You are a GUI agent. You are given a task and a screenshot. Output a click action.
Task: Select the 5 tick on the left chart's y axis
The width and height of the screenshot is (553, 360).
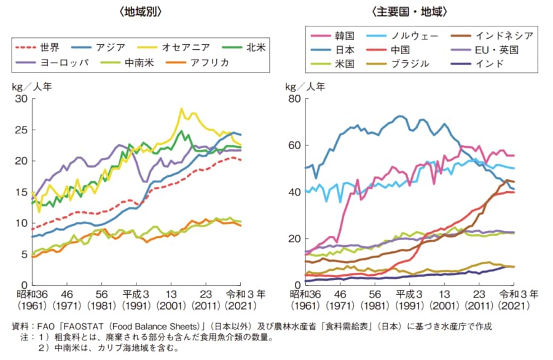point(24,254)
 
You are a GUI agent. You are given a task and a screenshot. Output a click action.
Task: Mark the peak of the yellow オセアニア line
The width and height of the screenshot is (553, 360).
point(181,109)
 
